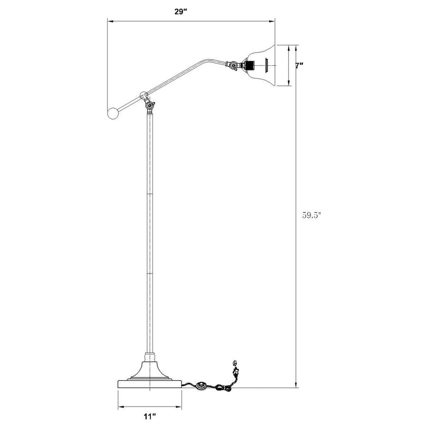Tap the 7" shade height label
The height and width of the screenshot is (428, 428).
(299, 66)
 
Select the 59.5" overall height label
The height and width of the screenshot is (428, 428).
(312, 214)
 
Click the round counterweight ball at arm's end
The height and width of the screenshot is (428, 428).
(113, 113)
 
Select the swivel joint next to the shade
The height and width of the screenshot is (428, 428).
(233, 66)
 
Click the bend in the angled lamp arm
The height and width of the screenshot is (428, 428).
(205, 60)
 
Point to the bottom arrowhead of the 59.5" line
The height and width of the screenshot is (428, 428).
(297, 385)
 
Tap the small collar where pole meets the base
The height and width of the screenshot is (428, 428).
(149, 355)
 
